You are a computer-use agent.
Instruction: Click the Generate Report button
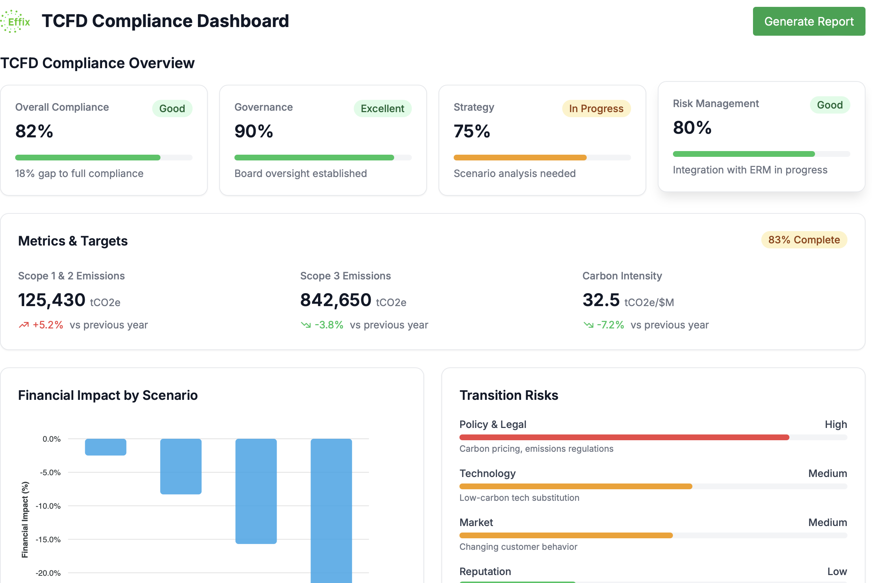point(809,21)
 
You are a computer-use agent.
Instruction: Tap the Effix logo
point(16,21)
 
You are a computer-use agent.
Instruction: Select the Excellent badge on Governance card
point(382,109)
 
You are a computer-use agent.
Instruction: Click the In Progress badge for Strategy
point(596,109)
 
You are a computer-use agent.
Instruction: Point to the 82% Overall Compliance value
point(34,131)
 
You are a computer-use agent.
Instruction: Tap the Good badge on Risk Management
point(829,105)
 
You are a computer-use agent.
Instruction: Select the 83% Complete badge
point(803,240)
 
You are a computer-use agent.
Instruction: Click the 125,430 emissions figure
point(52,300)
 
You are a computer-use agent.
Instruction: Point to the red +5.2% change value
point(48,325)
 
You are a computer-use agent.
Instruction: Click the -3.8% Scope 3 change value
point(329,325)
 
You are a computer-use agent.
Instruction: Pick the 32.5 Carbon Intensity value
point(600,300)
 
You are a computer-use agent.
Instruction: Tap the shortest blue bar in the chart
point(106,447)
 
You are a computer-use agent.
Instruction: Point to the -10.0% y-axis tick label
point(48,506)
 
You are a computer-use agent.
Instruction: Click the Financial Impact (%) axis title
point(25,520)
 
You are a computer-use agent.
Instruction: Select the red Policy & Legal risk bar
point(624,437)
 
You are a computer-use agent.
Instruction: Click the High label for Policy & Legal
point(836,424)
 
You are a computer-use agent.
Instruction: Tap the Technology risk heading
point(487,473)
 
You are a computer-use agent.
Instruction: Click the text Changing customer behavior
point(518,547)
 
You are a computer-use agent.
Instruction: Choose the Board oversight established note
point(300,174)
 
